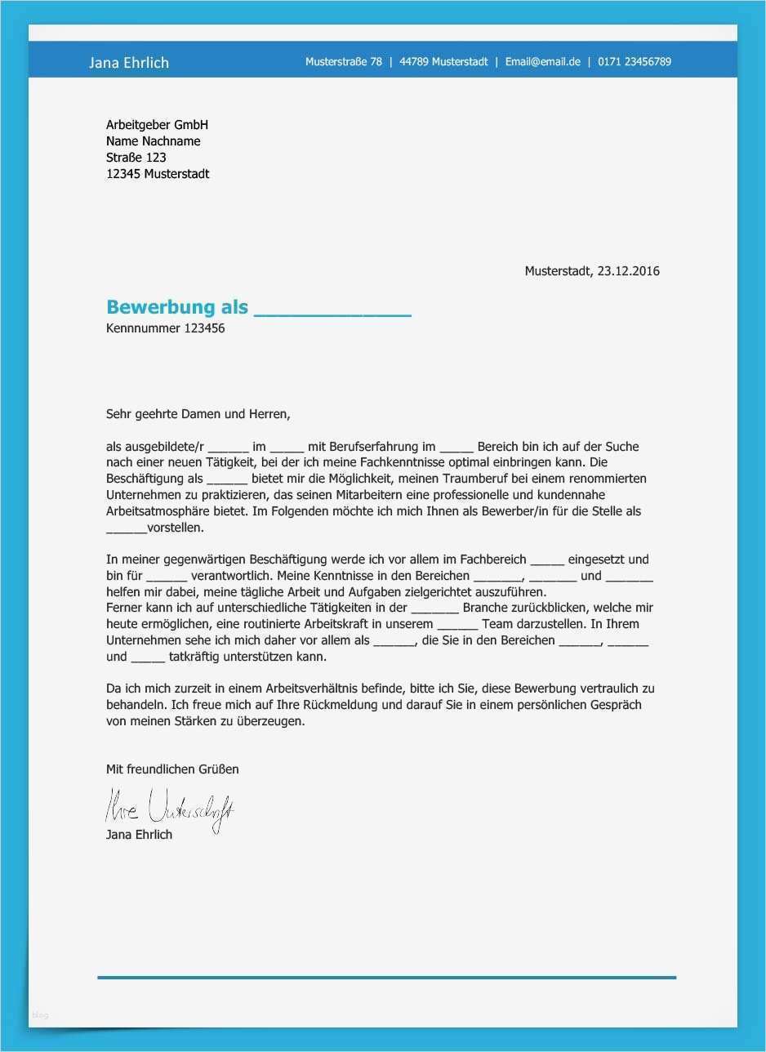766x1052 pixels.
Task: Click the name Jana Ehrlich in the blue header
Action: click(129, 63)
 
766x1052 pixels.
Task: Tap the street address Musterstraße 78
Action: click(344, 62)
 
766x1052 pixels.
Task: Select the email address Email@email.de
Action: click(542, 62)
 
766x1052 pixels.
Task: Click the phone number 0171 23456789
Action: click(635, 62)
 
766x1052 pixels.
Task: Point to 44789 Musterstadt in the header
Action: click(443, 62)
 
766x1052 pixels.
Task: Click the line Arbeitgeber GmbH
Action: click(157, 125)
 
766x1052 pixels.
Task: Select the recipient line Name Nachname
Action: click(153, 141)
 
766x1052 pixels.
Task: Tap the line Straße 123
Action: click(136, 158)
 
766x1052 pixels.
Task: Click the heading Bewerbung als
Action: click(176, 308)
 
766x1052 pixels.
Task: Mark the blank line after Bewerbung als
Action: click(332, 310)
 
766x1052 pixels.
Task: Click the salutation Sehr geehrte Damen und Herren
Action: click(198, 414)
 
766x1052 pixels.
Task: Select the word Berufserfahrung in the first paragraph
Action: click(372, 447)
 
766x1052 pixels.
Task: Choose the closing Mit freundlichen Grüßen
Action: click(172, 769)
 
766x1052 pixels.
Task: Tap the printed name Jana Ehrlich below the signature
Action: click(139, 835)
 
